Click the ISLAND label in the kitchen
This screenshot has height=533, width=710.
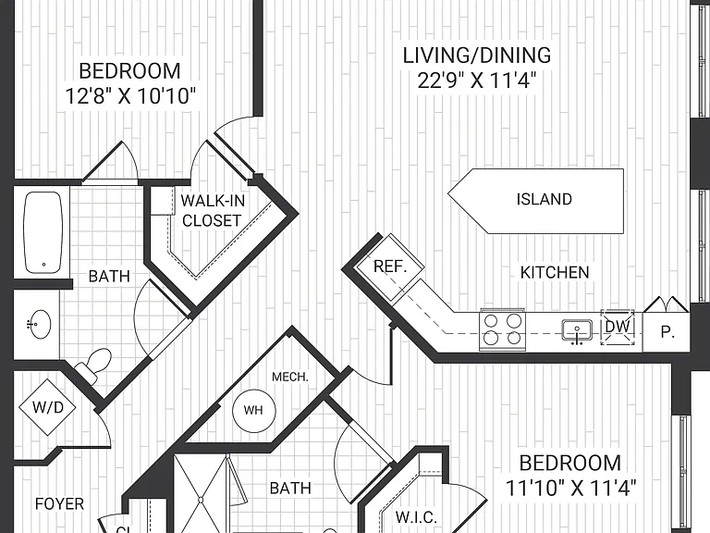coord(545,199)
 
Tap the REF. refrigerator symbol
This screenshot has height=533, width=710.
coord(390,267)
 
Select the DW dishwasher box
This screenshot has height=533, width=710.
coord(618,328)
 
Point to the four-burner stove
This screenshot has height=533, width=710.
coord(502,329)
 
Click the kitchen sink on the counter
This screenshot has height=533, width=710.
coord(577,330)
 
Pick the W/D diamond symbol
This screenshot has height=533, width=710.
coord(47,407)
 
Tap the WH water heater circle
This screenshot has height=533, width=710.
coord(253,410)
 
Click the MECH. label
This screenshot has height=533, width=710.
coord(290,377)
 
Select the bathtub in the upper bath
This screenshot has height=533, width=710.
coord(43,232)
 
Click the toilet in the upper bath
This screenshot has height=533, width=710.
coord(94,364)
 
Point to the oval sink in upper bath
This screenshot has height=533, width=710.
coord(39,324)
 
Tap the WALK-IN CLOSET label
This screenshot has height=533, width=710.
coord(212,210)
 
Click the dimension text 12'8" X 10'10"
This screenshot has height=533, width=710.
coord(131,96)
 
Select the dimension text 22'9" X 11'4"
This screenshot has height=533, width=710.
coord(477,81)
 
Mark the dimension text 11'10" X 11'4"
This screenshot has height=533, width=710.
coord(571,488)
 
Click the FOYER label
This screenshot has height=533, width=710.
coord(59,503)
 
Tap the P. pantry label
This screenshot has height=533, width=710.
coord(667,332)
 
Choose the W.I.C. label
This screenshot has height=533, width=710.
coord(417,517)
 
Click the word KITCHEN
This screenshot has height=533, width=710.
coord(555,272)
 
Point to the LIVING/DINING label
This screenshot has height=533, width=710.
coord(477,56)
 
